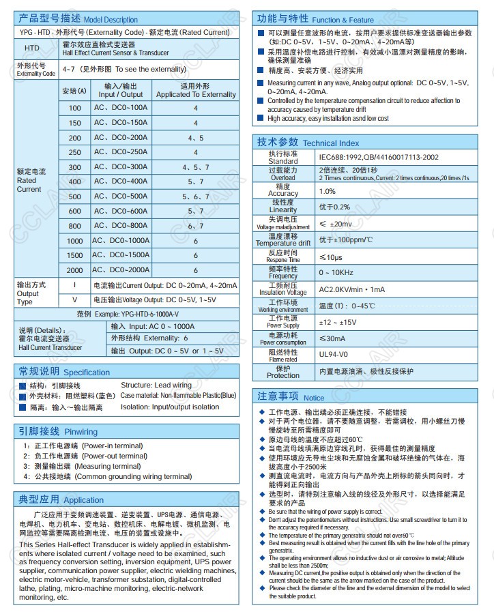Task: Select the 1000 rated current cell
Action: (x=74, y=241)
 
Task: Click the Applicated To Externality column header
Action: (x=196, y=90)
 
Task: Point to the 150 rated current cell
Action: (x=74, y=123)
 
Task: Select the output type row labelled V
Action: (x=74, y=300)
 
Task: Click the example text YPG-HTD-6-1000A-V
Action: (x=128, y=314)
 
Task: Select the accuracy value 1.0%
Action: (x=328, y=191)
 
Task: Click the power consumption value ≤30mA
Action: (x=332, y=338)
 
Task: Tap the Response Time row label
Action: (x=283, y=256)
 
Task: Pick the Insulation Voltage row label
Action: (x=283, y=289)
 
